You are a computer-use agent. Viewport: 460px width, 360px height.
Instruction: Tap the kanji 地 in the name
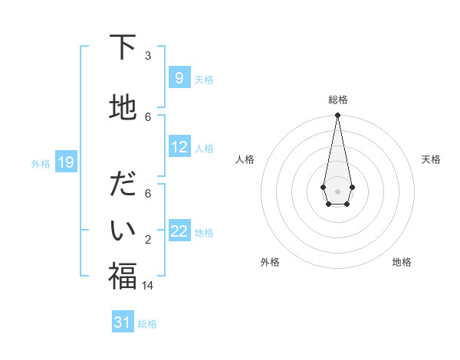[123, 107]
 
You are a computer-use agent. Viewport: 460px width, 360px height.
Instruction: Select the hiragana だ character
[123, 186]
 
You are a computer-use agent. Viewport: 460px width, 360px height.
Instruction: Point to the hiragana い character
[123, 229]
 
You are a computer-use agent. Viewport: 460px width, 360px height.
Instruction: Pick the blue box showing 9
[179, 78]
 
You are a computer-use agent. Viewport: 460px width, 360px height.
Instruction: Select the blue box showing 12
[179, 147]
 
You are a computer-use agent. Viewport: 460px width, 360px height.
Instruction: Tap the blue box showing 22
[179, 231]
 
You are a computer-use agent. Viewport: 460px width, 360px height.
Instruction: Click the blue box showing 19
[66, 162]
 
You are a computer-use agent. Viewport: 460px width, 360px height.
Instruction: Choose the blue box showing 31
[123, 322]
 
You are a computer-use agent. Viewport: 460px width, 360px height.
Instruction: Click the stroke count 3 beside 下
[148, 55]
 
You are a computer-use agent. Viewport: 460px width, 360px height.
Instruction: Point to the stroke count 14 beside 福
[148, 285]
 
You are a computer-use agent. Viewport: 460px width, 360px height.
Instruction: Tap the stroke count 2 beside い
[148, 239]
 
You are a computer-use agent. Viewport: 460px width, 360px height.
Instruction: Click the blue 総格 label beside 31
[147, 324]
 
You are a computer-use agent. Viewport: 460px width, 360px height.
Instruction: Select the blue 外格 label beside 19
[41, 164]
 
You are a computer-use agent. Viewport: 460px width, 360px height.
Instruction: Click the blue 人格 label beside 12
[204, 149]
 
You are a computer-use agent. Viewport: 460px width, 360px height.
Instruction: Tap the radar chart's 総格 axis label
[337, 100]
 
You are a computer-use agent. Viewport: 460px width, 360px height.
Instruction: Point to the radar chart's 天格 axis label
[431, 159]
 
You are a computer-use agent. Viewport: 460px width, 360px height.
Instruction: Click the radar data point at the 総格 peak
[337, 116]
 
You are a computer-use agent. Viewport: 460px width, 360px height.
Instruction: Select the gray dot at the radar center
[337, 191]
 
